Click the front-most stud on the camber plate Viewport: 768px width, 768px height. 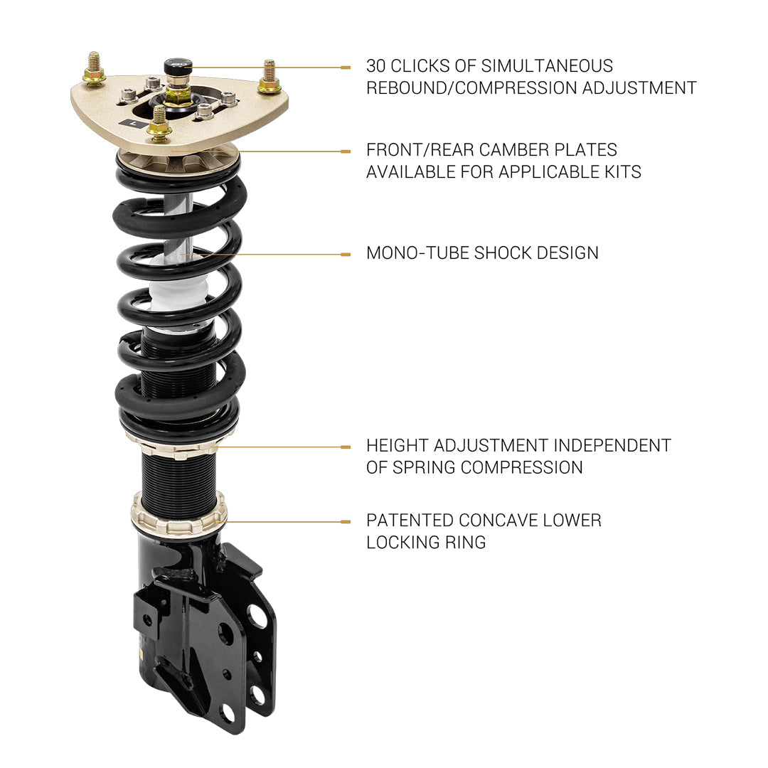coord(159,124)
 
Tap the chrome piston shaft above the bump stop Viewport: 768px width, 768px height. coord(178,228)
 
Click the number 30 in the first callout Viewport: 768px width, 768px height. coord(376,66)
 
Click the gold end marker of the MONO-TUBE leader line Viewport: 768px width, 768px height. coord(346,254)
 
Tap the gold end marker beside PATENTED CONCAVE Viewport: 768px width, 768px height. coord(346,521)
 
